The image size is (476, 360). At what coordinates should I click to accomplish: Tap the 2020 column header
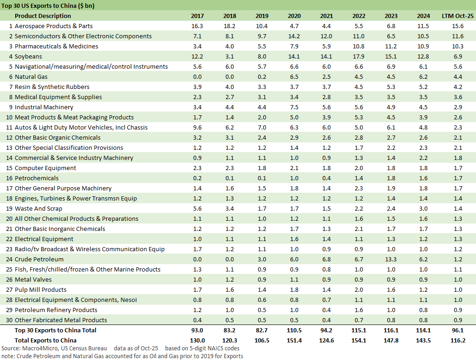pyautogui.click(x=294, y=16)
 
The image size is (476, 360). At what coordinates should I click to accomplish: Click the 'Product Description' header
pyautogui.click(x=43, y=16)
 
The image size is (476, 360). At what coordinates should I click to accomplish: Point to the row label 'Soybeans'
pyautogui.click(x=28, y=56)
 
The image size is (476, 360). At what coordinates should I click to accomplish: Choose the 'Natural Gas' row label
pyautogui.click(x=31, y=77)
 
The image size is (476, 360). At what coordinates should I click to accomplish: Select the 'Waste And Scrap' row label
pyautogui.click(x=39, y=208)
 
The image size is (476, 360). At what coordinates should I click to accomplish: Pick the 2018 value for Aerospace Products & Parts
pyautogui.click(x=229, y=26)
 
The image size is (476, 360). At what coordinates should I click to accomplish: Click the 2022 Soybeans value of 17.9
pyautogui.click(x=358, y=56)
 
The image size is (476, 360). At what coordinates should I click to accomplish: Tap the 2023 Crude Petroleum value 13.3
pyautogui.click(x=391, y=259)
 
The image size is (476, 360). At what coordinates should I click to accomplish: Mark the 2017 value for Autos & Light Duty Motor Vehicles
pyautogui.click(x=197, y=127)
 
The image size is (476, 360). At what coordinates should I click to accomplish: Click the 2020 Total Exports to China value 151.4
pyautogui.click(x=294, y=340)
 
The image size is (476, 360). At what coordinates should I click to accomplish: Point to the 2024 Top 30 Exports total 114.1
pyautogui.click(x=423, y=330)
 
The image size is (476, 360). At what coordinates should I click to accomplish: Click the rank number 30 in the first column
pyautogui.click(x=7, y=320)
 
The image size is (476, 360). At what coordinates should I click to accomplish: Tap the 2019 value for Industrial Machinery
pyautogui.click(x=262, y=107)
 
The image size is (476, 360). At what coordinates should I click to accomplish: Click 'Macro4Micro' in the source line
pyautogui.click(x=41, y=348)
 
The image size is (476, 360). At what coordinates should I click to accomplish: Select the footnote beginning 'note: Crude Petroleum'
pyautogui.click(x=122, y=356)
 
